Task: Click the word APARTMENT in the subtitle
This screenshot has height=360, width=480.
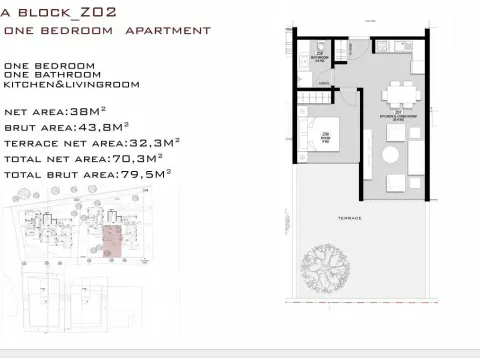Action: (167, 31)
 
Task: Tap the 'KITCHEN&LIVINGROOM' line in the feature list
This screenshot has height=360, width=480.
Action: (64, 85)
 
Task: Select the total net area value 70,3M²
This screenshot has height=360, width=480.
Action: (140, 158)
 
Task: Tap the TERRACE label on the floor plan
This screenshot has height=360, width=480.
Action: (348, 218)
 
